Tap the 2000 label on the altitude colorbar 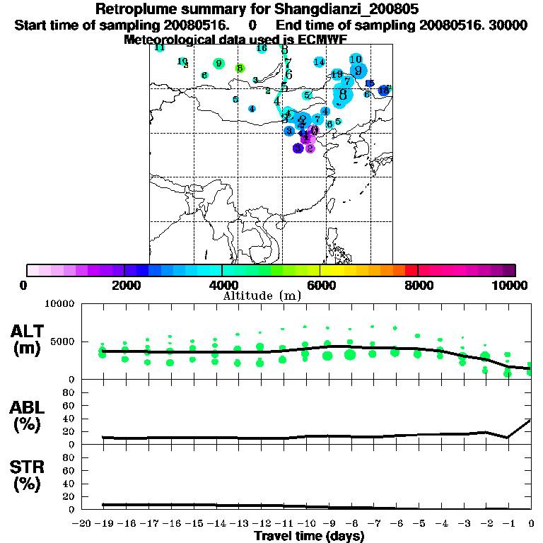point(124,285)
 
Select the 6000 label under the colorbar point(320,285)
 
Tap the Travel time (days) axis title point(309,537)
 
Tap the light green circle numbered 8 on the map point(240,69)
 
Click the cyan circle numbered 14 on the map point(319,62)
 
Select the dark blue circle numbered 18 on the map point(384,90)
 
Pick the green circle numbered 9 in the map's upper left point(218,64)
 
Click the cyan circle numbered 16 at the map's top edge point(262,48)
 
